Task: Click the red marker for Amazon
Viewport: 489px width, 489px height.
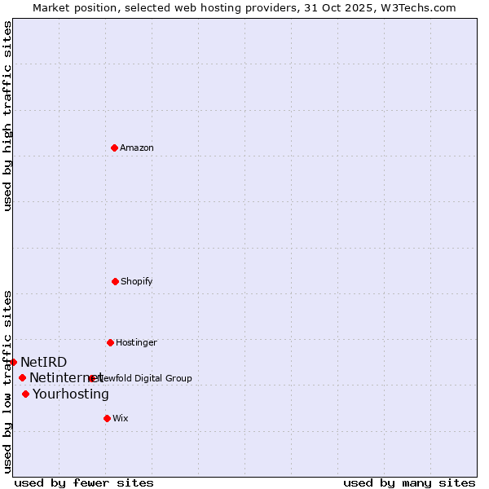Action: (x=115, y=148)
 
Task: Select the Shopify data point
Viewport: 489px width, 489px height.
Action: (x=115, y=281)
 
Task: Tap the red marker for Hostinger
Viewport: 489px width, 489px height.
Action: (x=110, y=342)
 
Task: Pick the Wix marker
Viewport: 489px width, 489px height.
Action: (x=107, y=418)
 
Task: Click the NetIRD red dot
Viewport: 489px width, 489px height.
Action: (x=13, y=362)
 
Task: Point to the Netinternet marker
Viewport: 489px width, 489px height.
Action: (x=22, y=377)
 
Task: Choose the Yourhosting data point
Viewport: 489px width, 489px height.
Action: (x=25, y=394)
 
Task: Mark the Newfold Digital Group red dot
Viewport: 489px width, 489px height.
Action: (x=91, y=378)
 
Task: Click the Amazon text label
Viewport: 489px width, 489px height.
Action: (x=137, y=148)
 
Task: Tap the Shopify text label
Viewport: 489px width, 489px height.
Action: (x=137, y=281)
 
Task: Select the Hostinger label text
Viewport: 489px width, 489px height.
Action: (x=136, y=342)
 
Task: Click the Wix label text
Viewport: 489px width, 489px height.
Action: (x=121, y=418)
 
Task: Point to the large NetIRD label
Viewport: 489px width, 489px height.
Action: (x=44, y=362)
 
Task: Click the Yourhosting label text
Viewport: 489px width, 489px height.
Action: (x=71, y=394)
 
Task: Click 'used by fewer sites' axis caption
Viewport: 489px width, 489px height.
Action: (x=84, y=482)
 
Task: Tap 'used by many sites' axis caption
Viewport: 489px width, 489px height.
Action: (x=409, y=482)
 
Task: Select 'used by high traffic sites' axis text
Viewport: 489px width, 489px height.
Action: (x=7, y=116)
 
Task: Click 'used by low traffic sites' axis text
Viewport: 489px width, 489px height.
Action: (x=7, y=381)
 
